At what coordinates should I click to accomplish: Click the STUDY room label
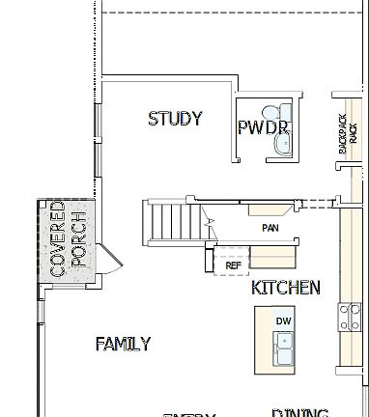coord(175,119)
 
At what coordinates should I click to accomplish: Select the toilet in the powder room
coord(282,114)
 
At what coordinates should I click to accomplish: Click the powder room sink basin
coord(282,143)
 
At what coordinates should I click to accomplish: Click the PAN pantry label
coord(270,229)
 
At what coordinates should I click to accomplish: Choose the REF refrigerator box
coord(232,264)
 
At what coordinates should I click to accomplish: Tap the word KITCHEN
coord(285,288)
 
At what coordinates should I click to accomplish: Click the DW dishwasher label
coord(283,320)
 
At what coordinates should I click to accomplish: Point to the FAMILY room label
coord(123,344)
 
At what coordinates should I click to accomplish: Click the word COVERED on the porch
coord(57,239)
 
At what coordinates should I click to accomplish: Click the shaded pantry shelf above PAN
coord(268,208)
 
